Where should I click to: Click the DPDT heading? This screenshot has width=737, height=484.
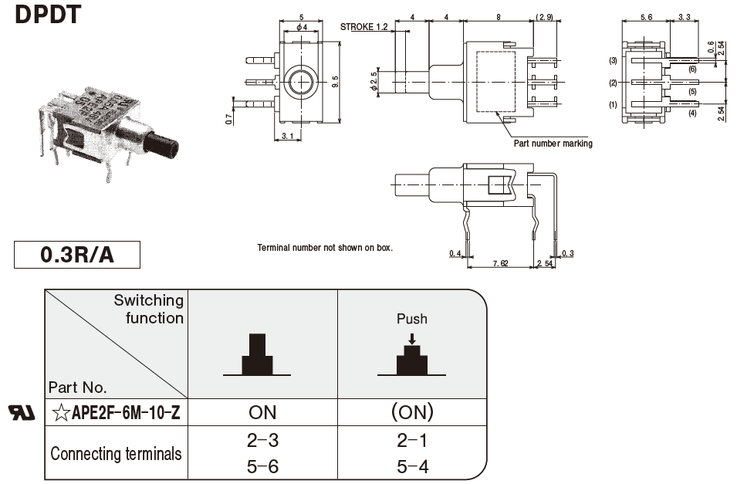point(47,13)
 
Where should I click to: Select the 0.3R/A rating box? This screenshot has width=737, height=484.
point(77,255)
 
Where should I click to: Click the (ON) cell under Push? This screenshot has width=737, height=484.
point(412,412)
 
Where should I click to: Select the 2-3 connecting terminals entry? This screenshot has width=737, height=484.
point(262,441)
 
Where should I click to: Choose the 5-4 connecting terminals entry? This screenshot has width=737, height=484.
point(412,466)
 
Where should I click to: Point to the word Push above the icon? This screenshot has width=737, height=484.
point(412,319)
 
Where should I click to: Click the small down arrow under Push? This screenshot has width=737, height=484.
point(412,338)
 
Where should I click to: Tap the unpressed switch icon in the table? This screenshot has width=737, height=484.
point(257,357)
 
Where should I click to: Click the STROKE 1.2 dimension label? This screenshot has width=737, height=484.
point(364,28)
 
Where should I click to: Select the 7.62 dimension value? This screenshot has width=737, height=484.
point(500,262)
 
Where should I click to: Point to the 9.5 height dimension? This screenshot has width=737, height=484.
point(334,80)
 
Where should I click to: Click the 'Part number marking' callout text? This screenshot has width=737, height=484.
point(553,144)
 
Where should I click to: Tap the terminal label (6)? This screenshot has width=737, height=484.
point(692,69)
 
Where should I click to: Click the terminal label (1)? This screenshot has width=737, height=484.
point(613,105)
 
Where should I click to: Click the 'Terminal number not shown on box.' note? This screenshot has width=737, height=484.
point(325,248)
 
